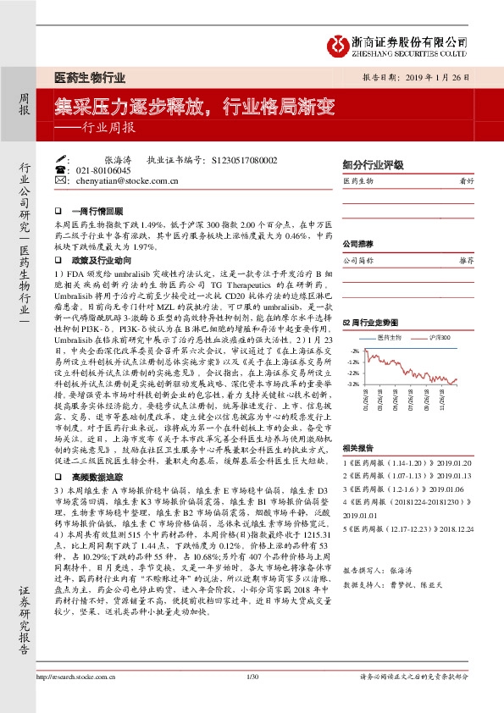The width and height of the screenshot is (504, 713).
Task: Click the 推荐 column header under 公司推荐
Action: coord(466,261)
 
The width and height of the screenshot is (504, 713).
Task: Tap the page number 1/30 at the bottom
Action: coord(252,699)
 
